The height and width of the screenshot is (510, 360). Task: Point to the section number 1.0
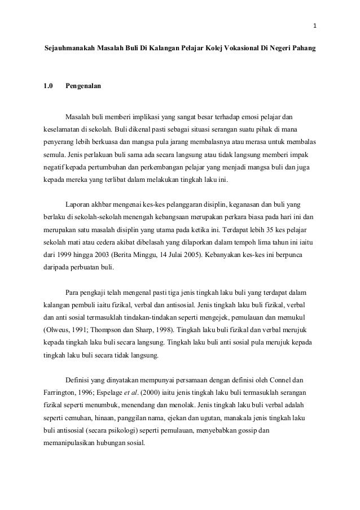49,86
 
